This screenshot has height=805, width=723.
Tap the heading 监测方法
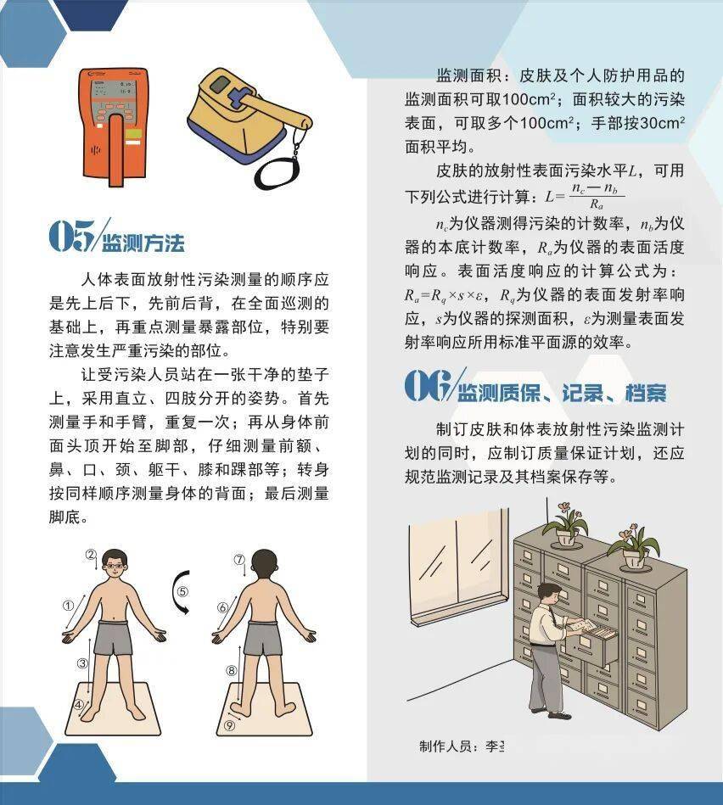click(143, 243)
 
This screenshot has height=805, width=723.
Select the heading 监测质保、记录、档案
click(562, 393)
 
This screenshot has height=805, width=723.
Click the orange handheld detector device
click(114, 126)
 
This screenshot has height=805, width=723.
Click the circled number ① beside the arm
click(68, 606)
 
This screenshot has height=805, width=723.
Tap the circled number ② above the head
click(90, 554)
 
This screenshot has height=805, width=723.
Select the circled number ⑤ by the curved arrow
click(182, 591)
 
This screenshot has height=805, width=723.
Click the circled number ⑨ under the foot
click(229, 725)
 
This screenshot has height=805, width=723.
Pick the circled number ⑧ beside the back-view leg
click(231, 670)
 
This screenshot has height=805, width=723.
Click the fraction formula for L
click(586, 196)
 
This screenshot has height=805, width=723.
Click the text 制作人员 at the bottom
click(446, 746)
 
